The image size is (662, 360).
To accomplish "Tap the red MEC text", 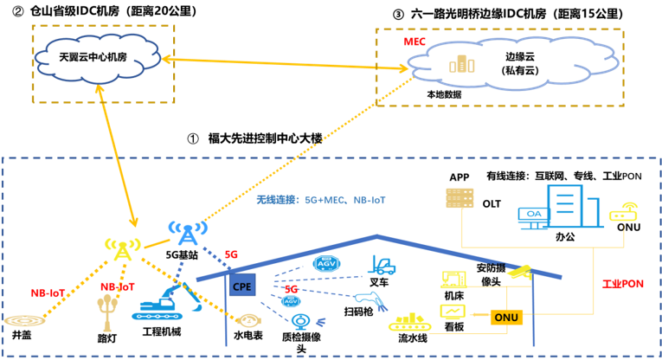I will (415, 41).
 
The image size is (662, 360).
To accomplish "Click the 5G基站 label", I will (182, 255).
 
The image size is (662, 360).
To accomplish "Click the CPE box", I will (242, 285).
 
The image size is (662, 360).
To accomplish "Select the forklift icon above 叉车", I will (382, 265).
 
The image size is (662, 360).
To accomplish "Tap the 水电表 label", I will (248, 335).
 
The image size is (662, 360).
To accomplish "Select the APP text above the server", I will (459, 177).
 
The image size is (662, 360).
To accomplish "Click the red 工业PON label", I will (623, 284).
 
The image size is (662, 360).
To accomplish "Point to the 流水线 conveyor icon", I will (409, 323).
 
